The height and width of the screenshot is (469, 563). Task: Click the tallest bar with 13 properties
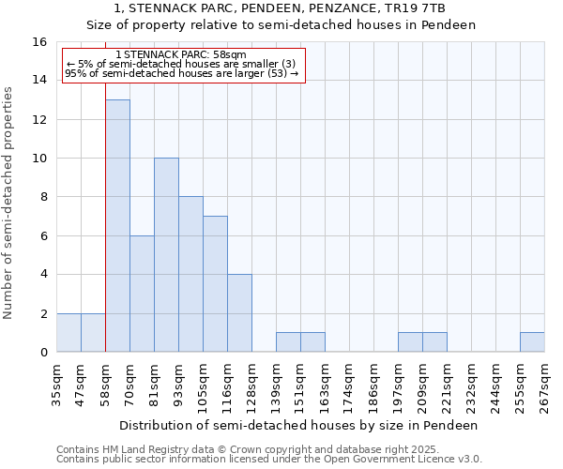pyautogui.click(x=117, y=225)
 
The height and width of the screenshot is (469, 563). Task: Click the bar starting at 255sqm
pyautogui.click(x=532, y=342)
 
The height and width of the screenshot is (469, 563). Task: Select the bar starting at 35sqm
pyautogui.click(x=68, y=333)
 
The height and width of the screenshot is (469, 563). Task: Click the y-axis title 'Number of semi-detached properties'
pyautogui.click(x=9, y=203)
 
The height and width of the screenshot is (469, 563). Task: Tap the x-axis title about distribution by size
pyautogui.click(x=300, y=425)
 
